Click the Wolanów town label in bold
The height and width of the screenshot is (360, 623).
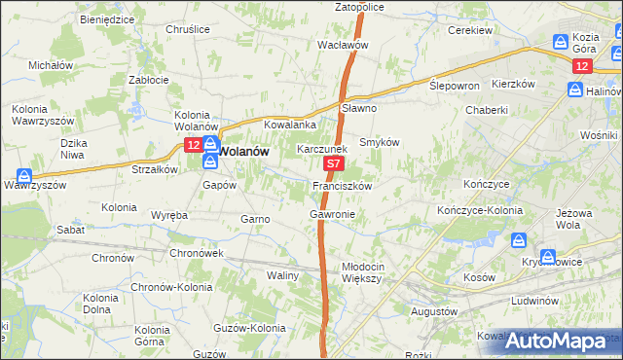[242, 152]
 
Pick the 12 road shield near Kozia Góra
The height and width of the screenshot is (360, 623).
[581, 65]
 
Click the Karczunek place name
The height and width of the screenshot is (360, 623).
[321, 150]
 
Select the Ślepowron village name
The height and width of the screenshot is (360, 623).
[455, 86]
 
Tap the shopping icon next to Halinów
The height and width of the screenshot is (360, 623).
[575, 90]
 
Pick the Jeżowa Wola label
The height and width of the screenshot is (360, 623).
[597, 227]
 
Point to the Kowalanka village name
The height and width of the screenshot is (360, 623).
[291, 125]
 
